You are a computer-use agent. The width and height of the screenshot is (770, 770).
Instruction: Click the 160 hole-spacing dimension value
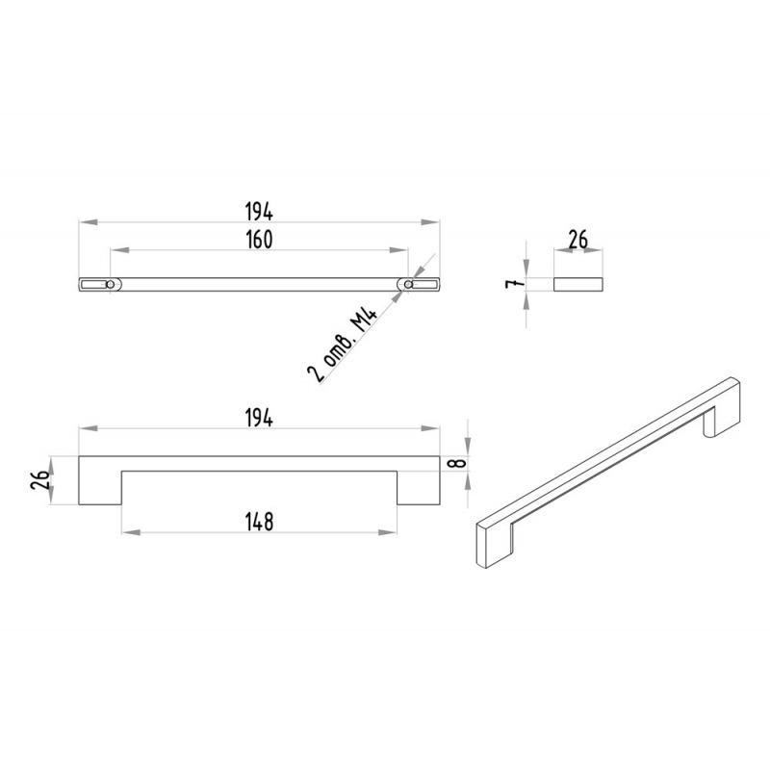tap(259, 239)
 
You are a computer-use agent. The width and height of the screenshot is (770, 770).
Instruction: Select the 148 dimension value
tap(259, 522)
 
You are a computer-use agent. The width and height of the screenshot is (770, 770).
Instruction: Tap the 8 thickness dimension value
tap(459, 463)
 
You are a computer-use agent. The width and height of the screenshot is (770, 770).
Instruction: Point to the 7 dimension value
tap(513, 283)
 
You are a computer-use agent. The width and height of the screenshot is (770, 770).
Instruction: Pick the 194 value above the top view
tap(259, 212)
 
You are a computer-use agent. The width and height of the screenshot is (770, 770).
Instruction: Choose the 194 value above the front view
tap(259, 419)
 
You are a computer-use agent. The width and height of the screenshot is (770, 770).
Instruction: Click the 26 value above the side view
tap(578, 240)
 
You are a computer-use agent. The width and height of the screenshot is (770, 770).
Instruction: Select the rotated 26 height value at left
tap(39, 479)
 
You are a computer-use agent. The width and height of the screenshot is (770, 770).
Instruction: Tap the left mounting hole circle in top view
tap(111, 284)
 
